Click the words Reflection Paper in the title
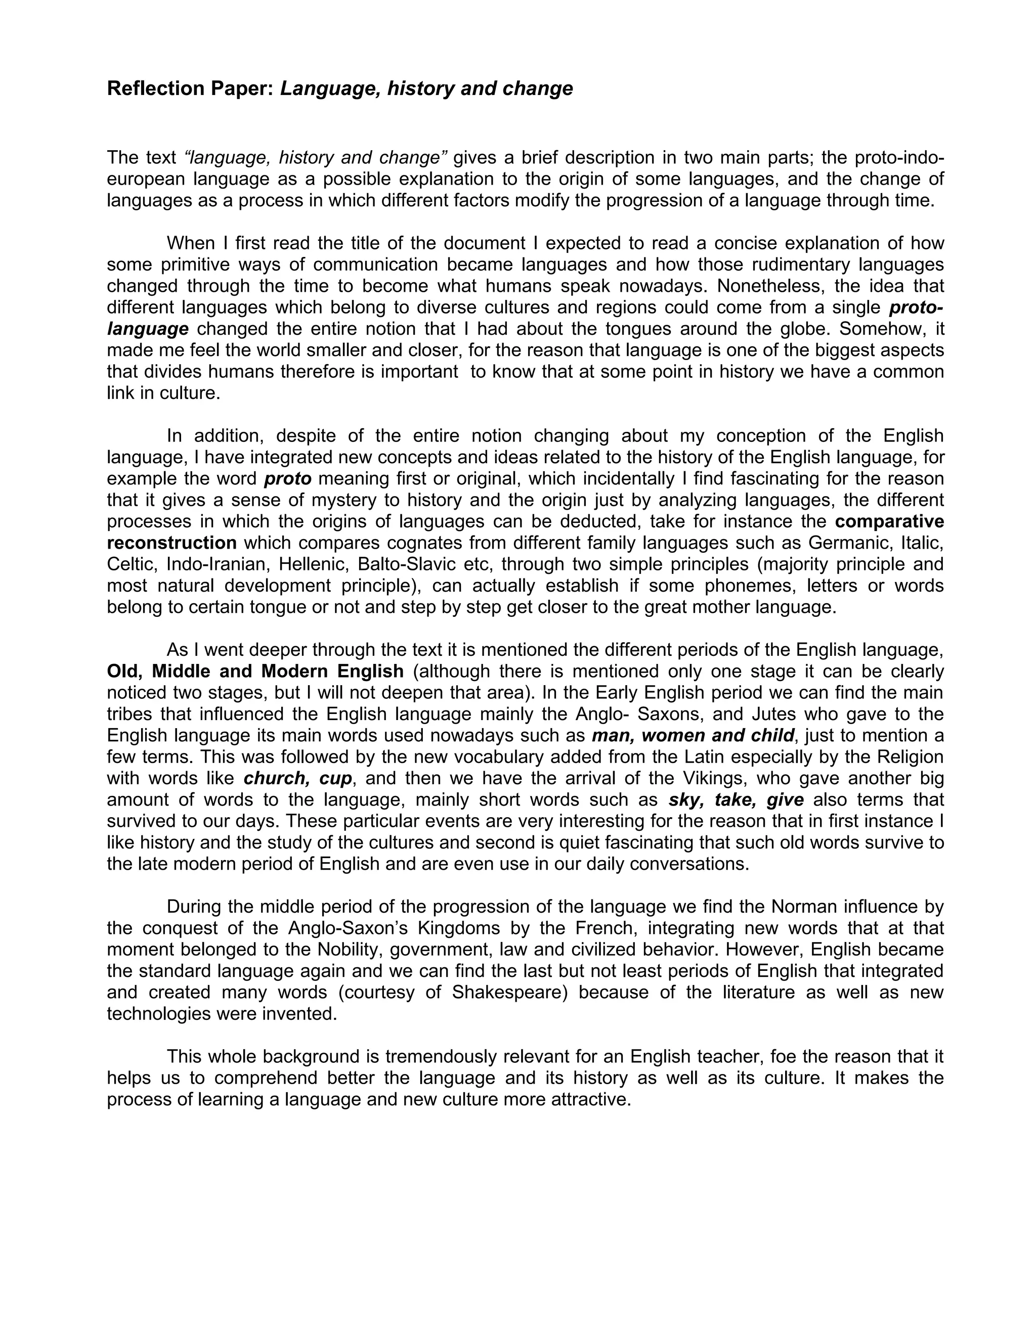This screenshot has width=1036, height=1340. click(x=190, y=89)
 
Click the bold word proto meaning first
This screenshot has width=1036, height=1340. click(x=287, y=478)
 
